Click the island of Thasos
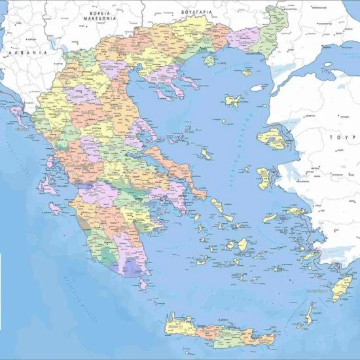click(209, 61)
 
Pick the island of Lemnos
click(232, 101)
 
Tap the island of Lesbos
click(271, 138)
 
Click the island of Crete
click(216, 331)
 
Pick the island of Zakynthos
click(54, 208)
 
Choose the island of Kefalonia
click(46, 183)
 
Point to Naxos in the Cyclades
click(242, 245)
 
